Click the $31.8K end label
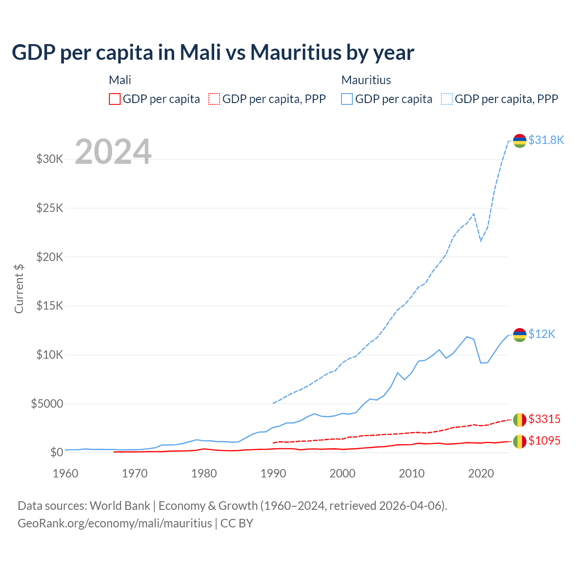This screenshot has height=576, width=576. point(546,140)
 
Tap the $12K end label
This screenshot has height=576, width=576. point(542,334)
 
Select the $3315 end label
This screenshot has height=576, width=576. point(544,419)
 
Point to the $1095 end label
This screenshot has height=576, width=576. point(544,441)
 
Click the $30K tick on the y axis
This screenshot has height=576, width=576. point(49,159)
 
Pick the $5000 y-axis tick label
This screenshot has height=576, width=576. point(47,404)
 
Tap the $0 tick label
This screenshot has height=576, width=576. point(56,452)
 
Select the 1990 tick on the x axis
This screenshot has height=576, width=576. point(273,473)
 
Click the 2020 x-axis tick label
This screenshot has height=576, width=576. point(481,473)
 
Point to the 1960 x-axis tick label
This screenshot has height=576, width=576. point(66,473)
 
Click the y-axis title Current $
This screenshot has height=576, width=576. point(19,288)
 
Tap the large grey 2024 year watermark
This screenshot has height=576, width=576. point(113,152)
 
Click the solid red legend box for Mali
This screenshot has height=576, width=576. point(115,99)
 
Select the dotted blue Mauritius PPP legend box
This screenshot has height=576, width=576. point(447,99)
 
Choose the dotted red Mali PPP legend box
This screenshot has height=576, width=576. point(214,99)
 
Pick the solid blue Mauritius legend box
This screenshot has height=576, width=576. point(347,99)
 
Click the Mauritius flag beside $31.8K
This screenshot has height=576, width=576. point(520,140)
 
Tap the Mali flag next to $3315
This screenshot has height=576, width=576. point(520,419)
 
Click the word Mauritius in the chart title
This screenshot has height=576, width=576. point(296,53)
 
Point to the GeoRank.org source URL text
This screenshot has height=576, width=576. point(115,523)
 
